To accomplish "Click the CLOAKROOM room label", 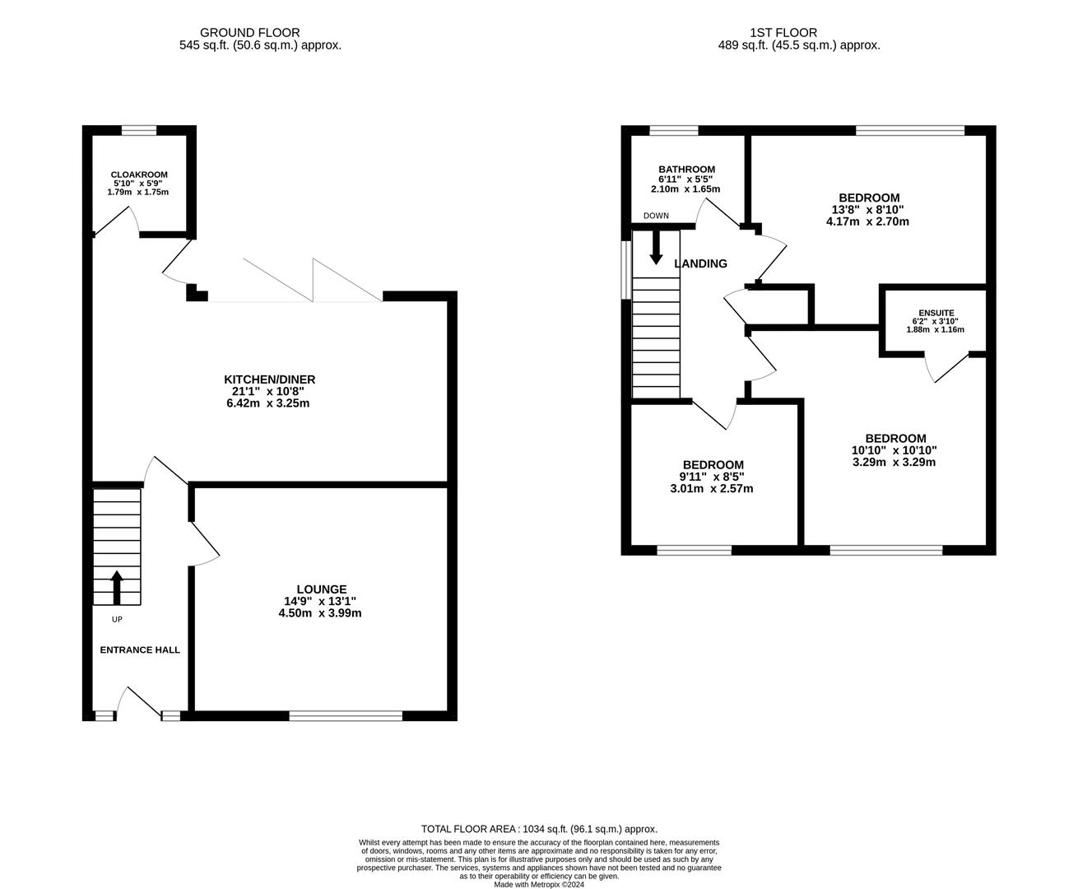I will [139, 175].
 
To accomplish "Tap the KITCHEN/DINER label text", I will [270, 379].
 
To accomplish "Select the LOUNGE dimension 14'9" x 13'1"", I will [320, 601].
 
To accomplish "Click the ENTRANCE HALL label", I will [140, 649].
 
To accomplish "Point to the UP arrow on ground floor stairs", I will [116, 588].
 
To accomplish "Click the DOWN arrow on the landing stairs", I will [656, 247].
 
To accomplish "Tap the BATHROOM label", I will [686, 170].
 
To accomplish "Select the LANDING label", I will [700, 264].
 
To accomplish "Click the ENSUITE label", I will [936, 313].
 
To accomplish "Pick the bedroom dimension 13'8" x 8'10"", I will [869, 210].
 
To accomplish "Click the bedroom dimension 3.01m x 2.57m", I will [713, 488].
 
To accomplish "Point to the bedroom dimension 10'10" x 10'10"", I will [894, 450].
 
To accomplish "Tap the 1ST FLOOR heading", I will [783, 33].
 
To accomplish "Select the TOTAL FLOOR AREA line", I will [539, 829].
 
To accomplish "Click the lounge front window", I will [346, 716].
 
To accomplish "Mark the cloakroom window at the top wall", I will [139, 130].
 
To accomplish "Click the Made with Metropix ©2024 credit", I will [539, 885].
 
